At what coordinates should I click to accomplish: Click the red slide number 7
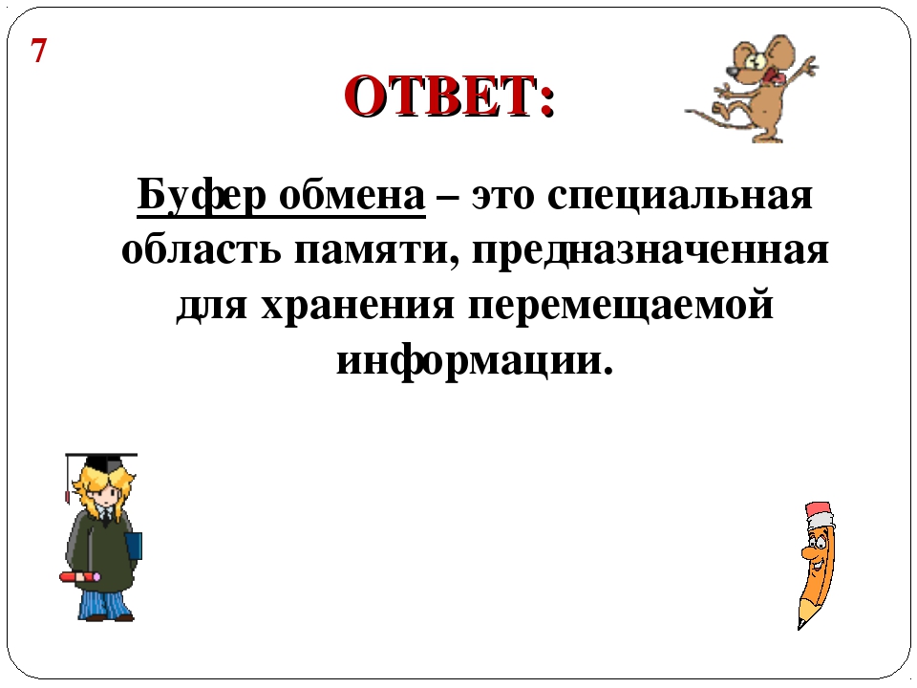38,51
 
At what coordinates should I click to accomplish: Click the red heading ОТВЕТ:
449,96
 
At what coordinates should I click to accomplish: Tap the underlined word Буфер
202,195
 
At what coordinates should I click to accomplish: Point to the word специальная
680,197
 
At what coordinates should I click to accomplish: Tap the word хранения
357,306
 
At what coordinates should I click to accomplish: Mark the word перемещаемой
621,305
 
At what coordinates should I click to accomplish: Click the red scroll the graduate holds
80,577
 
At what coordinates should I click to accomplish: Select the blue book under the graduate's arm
134,547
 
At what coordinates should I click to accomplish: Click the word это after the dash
503,197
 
